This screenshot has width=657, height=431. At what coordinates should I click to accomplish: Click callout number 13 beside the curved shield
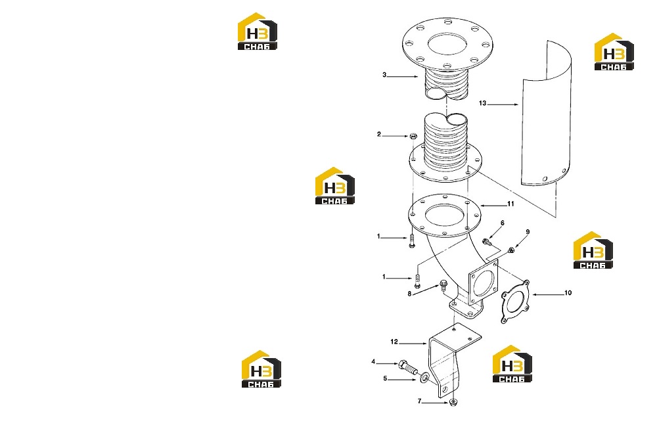(x=482, y=103)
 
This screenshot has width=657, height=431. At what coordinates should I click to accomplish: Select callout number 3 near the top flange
(x=384, y=75)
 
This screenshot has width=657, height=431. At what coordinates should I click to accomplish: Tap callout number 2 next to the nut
(x=379, y=135)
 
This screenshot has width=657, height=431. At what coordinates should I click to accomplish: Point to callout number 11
(x=510, y=204)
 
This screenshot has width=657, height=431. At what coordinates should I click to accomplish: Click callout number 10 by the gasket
(x=568, y=293)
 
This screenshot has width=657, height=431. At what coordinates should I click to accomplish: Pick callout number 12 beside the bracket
(x=394, y=342)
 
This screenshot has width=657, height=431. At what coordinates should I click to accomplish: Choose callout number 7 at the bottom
(x=419, y=401)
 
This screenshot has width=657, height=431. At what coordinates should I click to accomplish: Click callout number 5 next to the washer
(x=385, y=378)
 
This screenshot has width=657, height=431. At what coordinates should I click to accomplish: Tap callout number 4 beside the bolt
(x=373, y=362)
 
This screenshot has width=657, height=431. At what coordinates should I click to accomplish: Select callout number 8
(x=409, y=294)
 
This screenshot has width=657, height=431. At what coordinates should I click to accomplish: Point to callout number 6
(x=502, y=223)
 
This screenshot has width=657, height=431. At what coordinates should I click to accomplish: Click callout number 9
(x=528, y=232)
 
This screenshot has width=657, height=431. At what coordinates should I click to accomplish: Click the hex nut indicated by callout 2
(x=413, y=136)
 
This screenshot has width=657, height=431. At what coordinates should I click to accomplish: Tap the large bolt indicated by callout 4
(x=407, y=367)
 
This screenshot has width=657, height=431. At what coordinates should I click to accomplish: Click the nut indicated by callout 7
(x=453, y=403)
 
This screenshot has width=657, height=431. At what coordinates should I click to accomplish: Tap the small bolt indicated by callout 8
(x=443, y=286)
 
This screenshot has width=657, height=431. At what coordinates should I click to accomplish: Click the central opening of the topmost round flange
(x=447, y=44)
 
